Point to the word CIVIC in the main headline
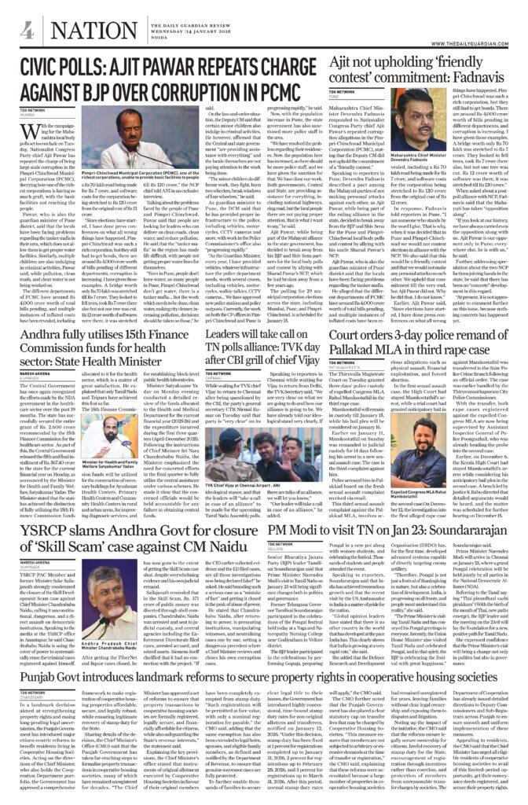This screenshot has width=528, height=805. click(52, 64)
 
